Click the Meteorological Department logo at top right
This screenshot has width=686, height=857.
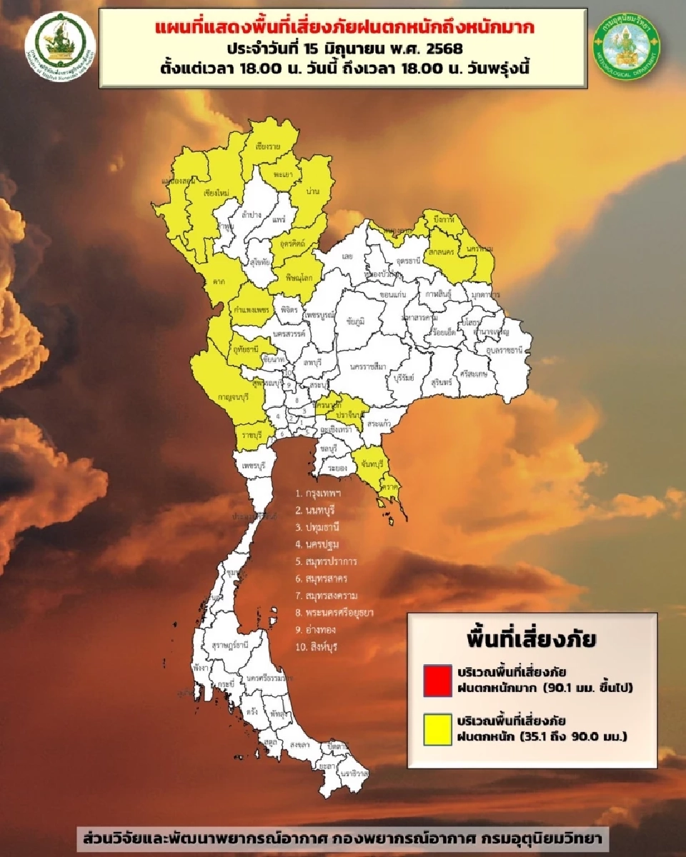click(627, 42)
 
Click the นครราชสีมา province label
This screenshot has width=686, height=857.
click(368, 366)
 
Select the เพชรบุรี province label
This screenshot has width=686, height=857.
click(255, 465)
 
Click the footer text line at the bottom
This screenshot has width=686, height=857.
click(343, 836)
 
